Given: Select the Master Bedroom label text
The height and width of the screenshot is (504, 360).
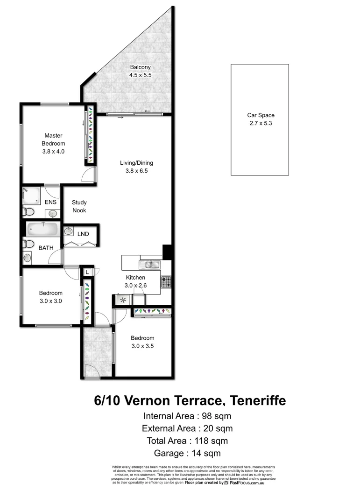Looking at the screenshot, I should [53, 140].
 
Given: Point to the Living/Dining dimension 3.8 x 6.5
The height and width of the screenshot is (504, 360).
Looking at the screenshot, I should [136, 171].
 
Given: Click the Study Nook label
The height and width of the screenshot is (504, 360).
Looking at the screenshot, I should [79, 207].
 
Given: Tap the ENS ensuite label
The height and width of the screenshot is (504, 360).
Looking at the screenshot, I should [50, 203].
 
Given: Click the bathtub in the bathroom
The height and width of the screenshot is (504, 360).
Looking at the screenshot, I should [42, 229].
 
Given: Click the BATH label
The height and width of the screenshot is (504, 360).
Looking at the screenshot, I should [46, 248].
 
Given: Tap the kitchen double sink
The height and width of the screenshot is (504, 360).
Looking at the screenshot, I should [152, 265].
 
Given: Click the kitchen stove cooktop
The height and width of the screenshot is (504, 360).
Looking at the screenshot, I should [166, 281].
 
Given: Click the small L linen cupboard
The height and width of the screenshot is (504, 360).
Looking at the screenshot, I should [87, 272].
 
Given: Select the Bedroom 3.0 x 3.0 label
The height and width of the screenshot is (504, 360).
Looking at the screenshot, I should [50, 297].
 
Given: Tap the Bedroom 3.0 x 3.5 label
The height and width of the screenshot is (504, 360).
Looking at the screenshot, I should [142, 342].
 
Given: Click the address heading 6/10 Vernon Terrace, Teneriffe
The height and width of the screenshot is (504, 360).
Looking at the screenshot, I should [190, 400].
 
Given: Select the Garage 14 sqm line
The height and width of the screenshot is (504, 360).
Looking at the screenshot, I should [187, 453].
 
